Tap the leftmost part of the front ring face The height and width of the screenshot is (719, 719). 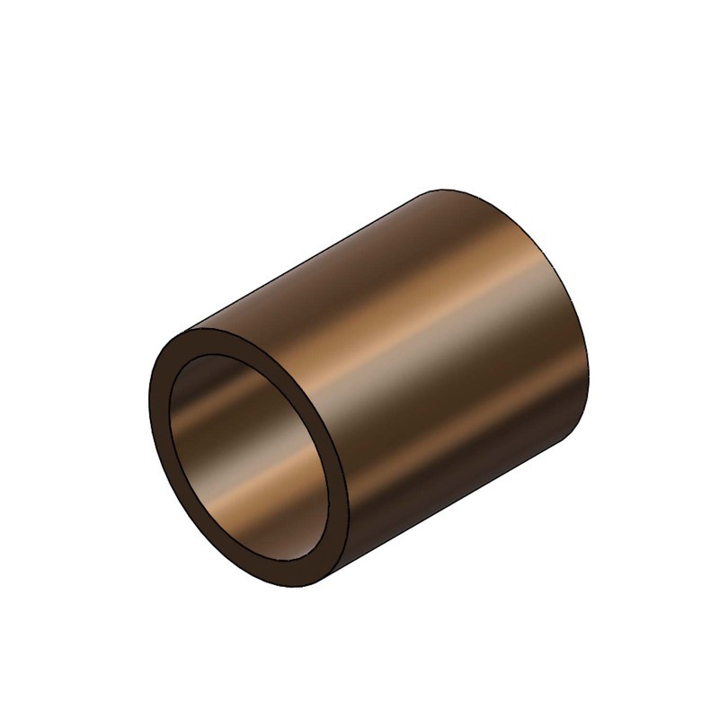point(157,422)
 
